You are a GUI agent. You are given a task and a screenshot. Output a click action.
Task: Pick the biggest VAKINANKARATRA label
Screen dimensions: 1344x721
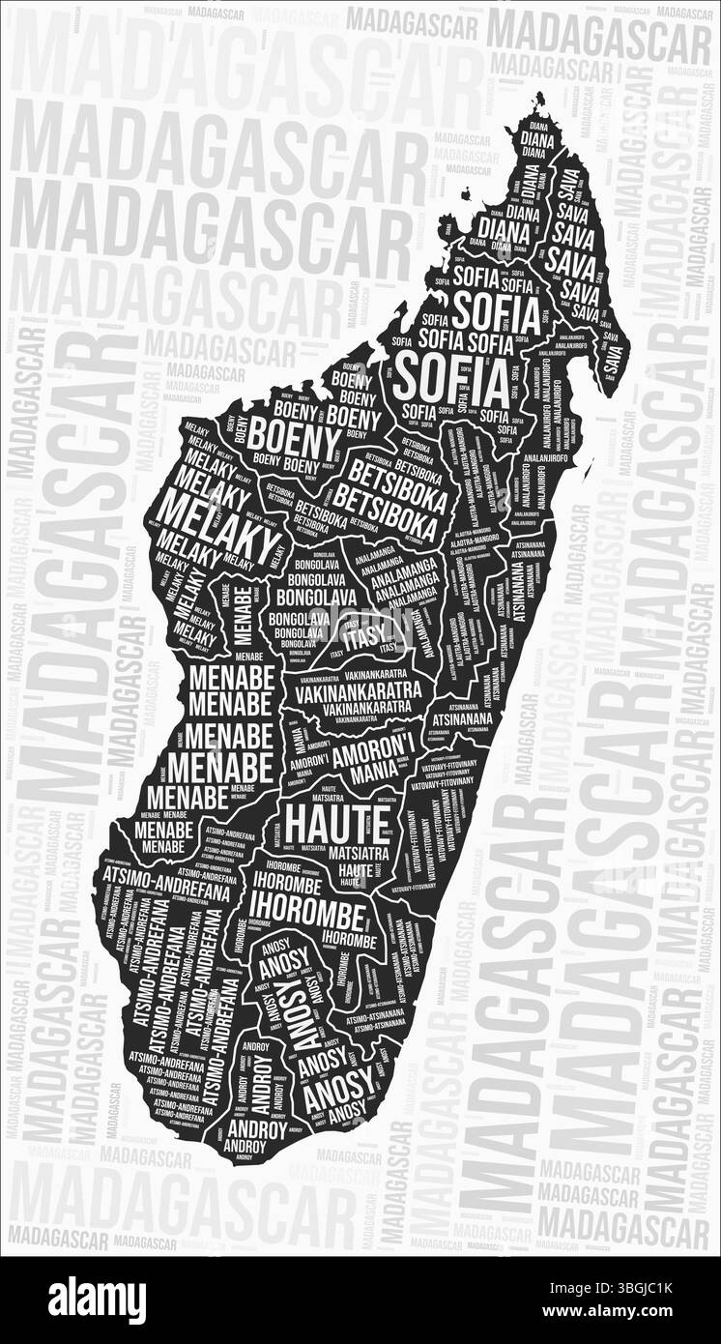(359, 691)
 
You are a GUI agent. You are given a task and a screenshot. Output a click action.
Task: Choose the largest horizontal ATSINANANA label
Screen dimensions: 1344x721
(462, 718)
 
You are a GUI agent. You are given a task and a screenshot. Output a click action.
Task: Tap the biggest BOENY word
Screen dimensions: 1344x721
(294, 442)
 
